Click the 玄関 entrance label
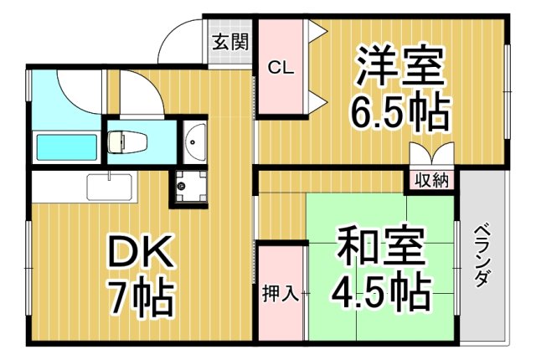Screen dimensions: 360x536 point(229,42)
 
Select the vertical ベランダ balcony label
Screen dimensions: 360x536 point(481,255)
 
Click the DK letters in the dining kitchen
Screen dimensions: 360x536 point(139,250)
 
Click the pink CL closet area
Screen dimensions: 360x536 point(281,96)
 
